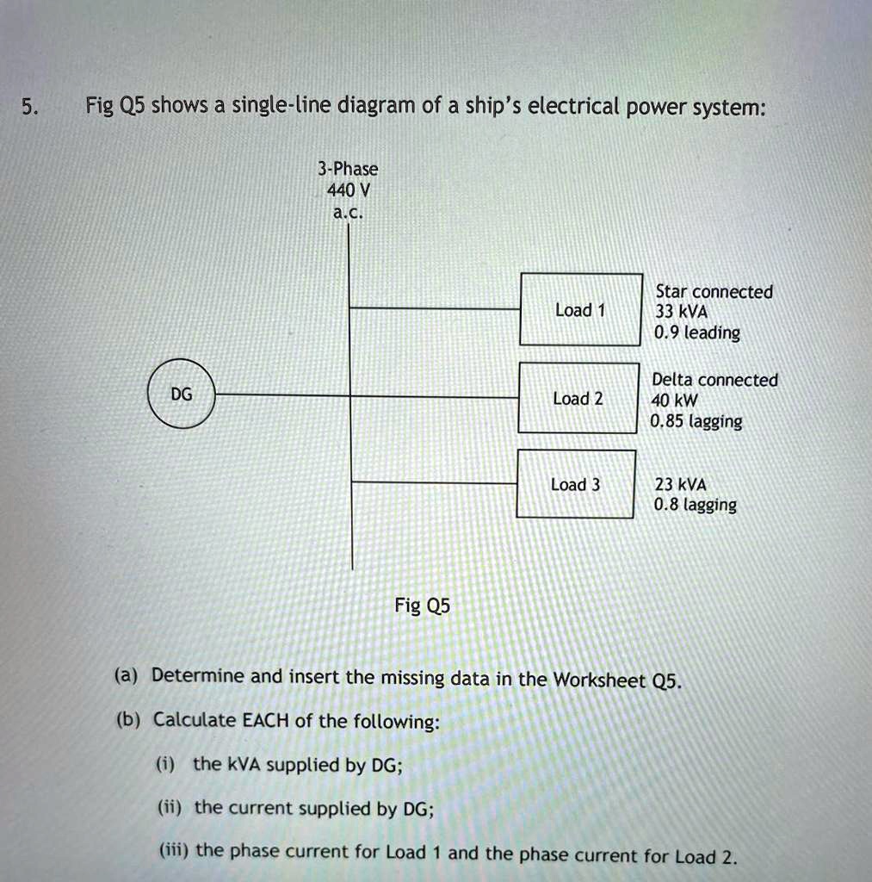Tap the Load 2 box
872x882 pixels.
[578, 398]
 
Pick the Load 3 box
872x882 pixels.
[576, 484]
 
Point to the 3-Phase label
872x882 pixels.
[348, 169]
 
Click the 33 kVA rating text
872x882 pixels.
[681, 312]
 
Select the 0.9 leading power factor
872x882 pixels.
[696, 332]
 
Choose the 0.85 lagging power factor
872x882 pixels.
[696, 421]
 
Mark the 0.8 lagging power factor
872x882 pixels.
[695, 505]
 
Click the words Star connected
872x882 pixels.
[714, 292]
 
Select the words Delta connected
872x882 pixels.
[714, 380]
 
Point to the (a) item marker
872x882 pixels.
[128, 676]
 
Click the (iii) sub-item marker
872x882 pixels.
[176, 851]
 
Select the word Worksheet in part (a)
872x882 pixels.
[599, 680]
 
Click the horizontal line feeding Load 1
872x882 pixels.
[435, 307]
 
